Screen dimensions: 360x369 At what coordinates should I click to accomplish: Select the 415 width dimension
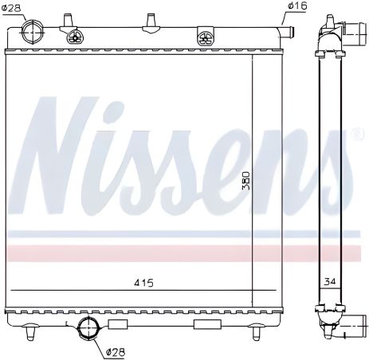(x=143, y=283)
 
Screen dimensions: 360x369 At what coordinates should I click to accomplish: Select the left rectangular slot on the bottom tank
(x=118, y=323)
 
